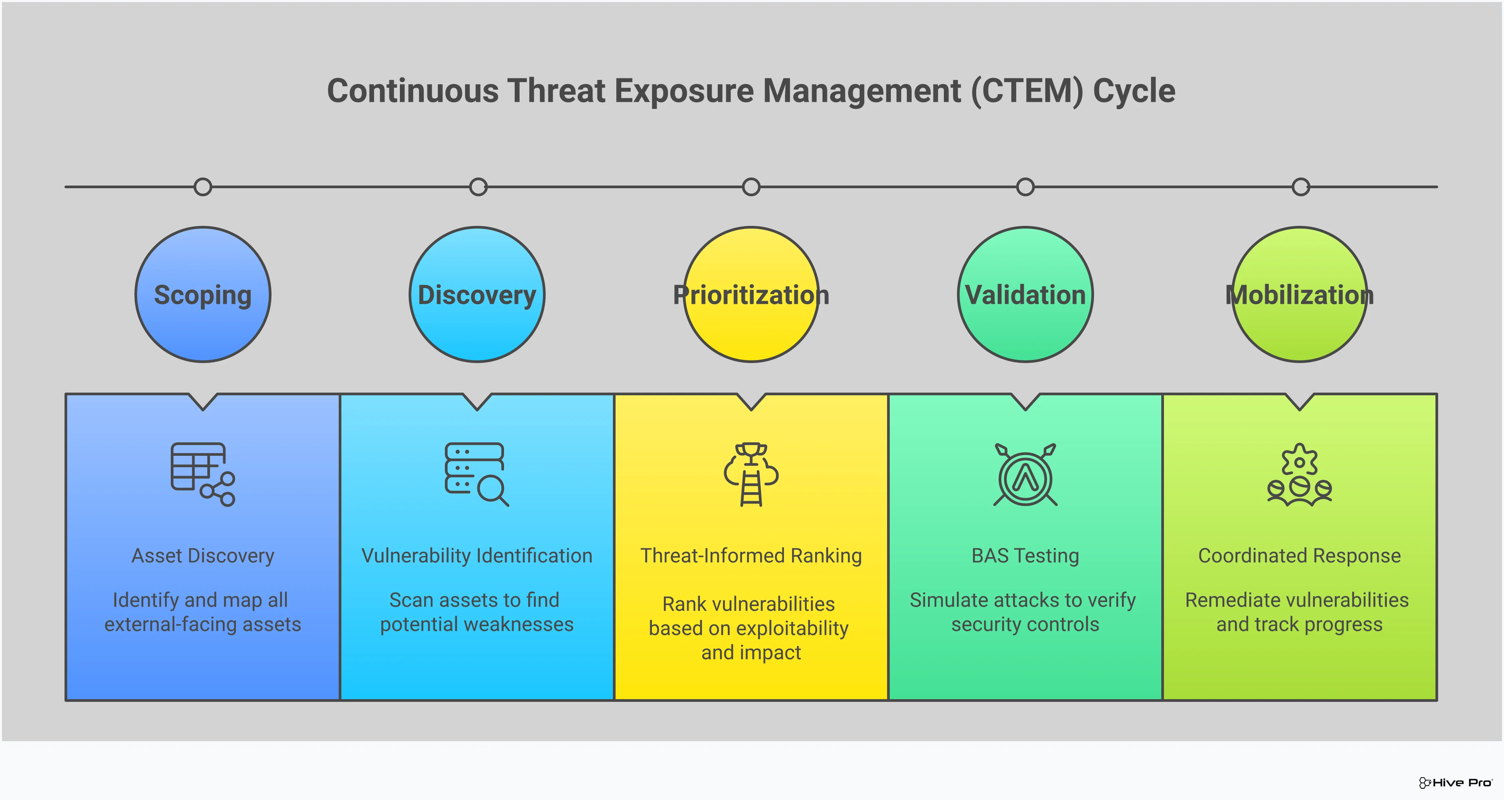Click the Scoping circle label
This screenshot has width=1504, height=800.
[x=203, y=295]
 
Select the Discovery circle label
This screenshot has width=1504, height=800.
[x=477, y=295]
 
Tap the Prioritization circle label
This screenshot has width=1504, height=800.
[x=751, y=295]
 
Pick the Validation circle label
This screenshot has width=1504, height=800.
[x=1025, y=295]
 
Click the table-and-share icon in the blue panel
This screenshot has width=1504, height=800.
[x=203, y=474]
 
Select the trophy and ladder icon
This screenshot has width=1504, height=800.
[x=751, y=474]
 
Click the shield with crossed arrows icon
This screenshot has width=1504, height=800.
[x=1025, y=474]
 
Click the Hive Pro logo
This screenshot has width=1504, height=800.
[x=1455, y=783]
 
